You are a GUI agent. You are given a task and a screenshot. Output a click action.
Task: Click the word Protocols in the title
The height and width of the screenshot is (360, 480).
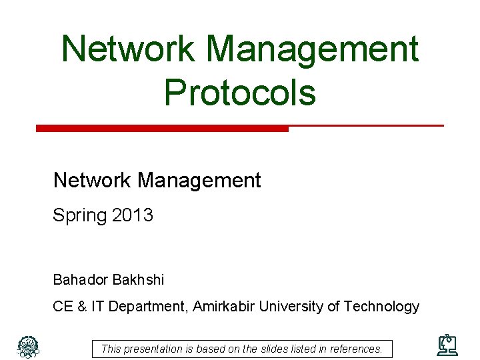tap(239, 92)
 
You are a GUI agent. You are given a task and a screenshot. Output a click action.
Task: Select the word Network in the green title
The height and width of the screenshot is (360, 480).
tap(127, 49)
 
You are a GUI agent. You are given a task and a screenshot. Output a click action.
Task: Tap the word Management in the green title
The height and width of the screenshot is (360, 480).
tap(312, 49)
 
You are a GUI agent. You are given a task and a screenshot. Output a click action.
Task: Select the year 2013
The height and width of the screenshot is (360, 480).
tap(133, 215)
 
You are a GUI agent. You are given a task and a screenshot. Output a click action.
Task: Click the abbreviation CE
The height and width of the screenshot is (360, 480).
tap(63, 307)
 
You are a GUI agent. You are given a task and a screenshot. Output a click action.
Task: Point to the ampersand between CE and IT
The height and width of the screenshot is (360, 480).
tap(83, 307)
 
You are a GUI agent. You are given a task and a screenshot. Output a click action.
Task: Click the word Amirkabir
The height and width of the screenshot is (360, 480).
tap(225, 307)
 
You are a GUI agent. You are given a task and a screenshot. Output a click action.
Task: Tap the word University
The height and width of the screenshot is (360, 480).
tap(291, 307)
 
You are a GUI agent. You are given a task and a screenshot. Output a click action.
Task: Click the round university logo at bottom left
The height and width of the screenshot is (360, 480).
tap(27, 345)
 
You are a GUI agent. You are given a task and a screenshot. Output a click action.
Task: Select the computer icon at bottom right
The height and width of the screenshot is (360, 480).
tap(447, 345)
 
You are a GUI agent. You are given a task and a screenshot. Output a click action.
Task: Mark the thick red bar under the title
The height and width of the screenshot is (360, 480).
tap(162, 128)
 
